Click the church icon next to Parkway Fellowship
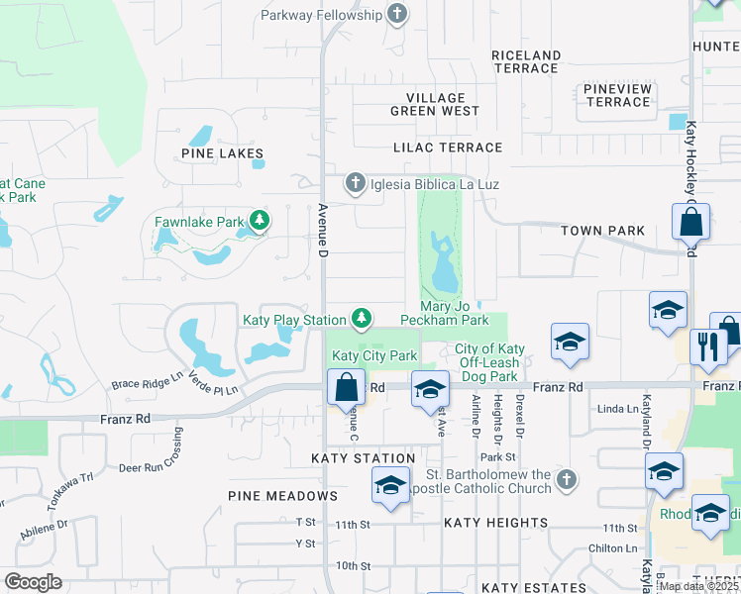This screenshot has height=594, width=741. [397, 14]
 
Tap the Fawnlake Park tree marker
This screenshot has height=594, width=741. [260, 220]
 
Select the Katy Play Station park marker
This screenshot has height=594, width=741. [363, 318]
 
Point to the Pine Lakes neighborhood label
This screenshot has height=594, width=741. [223, 153]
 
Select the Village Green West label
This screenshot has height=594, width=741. [435, 105]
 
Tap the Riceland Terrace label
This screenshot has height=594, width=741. [526, 61]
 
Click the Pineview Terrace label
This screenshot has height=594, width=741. [617, 95]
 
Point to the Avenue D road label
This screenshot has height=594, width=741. [322, 230]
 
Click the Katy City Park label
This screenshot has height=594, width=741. [373, 355]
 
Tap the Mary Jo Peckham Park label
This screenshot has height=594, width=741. [445, 314]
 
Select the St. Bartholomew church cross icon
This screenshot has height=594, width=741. [566, 479]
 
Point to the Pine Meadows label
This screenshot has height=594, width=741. [282, 496]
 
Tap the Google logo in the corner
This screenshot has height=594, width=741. [33, 582]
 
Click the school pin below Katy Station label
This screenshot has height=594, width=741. [390, 486]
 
